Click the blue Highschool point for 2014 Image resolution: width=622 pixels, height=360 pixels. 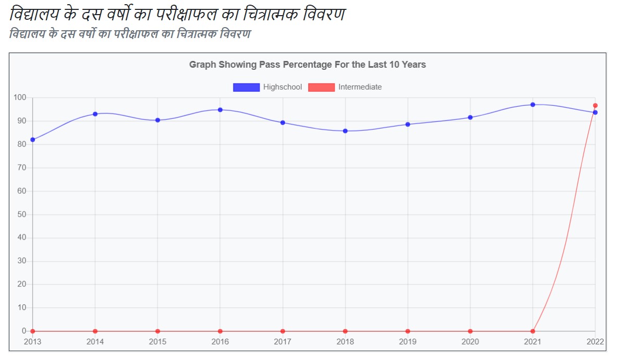[x=95, y=114]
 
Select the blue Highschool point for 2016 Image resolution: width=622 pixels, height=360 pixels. [x=220, y=110]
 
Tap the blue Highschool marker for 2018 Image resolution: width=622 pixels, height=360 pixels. [x=345, y=131]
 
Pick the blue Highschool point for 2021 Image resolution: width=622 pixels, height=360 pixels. [x=533, y=105]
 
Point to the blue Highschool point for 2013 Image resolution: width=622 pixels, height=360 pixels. [x=32, y=140]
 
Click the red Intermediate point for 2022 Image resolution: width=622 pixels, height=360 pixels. [x=595, y=106]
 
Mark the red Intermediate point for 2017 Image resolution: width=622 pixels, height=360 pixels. [x=283, y=331]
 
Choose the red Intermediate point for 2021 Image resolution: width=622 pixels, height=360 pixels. [x=533, y=331]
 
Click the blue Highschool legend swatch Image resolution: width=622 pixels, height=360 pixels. [x=246, y=87]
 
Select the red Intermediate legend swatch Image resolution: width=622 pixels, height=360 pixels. [x=321, y=87]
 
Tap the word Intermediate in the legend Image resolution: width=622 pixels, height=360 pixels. [x=360, y=87]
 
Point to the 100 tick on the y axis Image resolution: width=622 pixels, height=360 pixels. [x=20, y=97]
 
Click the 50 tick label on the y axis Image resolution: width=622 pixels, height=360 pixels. [x=22, y=214]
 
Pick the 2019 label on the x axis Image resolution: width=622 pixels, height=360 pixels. [x=408, y=342]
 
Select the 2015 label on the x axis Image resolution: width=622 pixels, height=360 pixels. [x=157, y=342]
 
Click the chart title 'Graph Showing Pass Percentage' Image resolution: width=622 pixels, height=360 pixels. [x=307, y=65]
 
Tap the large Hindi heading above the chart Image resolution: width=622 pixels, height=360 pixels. [x=177, y=14]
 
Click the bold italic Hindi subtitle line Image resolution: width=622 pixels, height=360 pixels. [x=130, y=34]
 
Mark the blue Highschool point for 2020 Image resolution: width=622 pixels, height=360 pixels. [x=470, y=117]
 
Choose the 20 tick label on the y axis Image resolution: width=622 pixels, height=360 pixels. [x=22, y=284]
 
